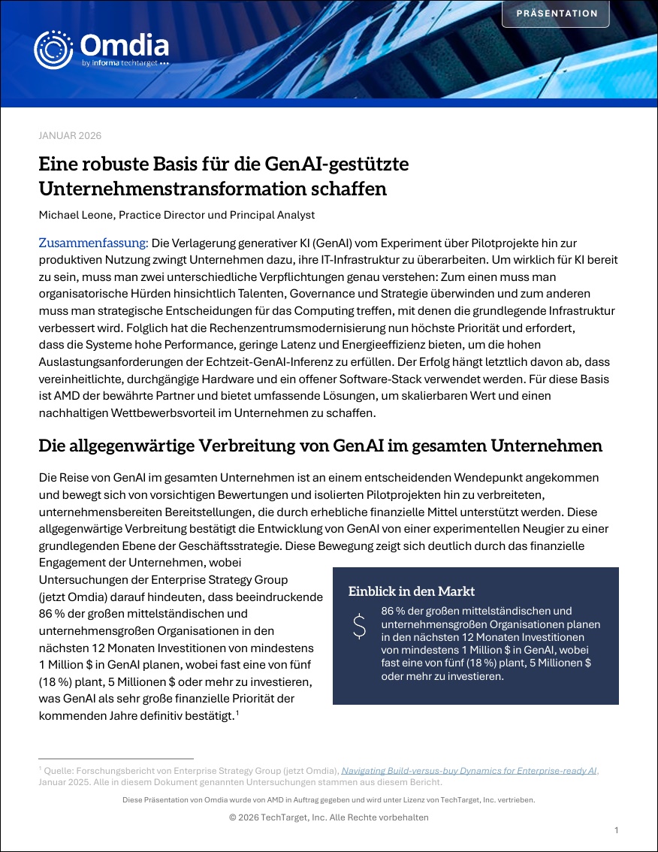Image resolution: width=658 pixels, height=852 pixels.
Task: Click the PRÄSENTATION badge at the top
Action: click(x=557, y=14)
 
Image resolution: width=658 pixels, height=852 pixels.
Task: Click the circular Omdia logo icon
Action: click(x=53, y=50)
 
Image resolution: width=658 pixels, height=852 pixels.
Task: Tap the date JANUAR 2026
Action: click(x=70, y=135)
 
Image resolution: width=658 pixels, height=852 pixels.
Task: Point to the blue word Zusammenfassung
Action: click(x=94, y=243)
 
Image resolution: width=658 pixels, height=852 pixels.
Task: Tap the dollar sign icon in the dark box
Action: click(x=359, y=626)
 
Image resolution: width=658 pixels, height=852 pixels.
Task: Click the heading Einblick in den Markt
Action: click(x=412, y=591)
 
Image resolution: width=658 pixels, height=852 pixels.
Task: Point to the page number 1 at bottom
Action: click(x=616, y=830)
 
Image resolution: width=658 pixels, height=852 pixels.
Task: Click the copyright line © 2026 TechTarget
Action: click(x=329, y=817)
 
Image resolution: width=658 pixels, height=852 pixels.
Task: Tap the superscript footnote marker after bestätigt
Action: click(x=237, y=712)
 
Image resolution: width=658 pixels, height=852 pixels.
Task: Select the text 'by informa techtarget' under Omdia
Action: click(x=125, y=64)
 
